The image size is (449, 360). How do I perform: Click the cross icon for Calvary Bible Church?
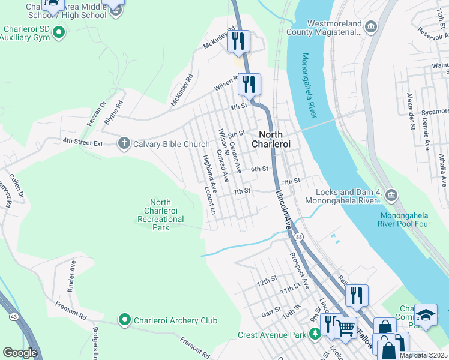pyautogui.click(x=124, y=143)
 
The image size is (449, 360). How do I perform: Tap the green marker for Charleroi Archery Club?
pyautogui.click(x=125, y=320)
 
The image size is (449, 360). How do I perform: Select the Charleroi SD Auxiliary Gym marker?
pyautogui.click(x=58, y=32)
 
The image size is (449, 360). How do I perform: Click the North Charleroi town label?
pyautogui.click(x=275, y=139)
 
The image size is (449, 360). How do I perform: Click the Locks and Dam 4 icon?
pyautogui.click(x=391, y=194)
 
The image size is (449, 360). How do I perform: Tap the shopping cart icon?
pyautogui.click(x=345, y=327)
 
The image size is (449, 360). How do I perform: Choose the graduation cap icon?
pyautogui.click(x=426, y=314)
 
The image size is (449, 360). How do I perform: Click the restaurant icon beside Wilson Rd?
pyautogui.click(x=249, y=84)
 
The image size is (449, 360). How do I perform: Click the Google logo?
pyautogui.click(x=20, y=353)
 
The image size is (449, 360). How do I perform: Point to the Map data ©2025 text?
pyautogui.click(x=423, y=355)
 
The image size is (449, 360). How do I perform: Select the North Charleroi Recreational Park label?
pyautogui.click(x=160, y=215)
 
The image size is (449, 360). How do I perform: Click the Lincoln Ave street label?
pyautogui.click(x=283, y=209)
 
